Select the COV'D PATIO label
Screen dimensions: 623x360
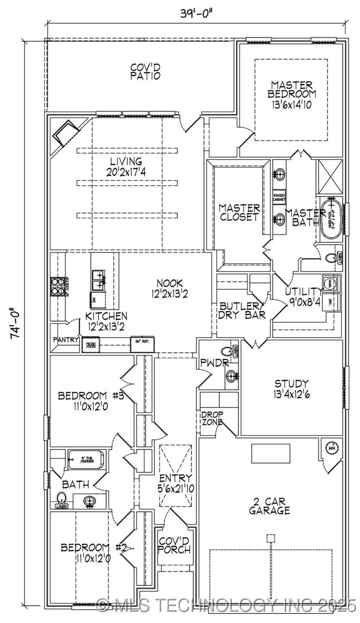point(145,71)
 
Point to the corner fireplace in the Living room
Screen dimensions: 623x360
point(65,133)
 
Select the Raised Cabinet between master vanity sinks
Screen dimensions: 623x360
point(279,197)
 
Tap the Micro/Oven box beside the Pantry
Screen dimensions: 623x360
point(89,345)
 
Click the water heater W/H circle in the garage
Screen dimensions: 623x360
point(331,448)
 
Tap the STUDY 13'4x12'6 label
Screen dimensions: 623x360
point(291,389)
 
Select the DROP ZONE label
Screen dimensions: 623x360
point(212,419)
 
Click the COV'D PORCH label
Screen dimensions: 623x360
point(174,546)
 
